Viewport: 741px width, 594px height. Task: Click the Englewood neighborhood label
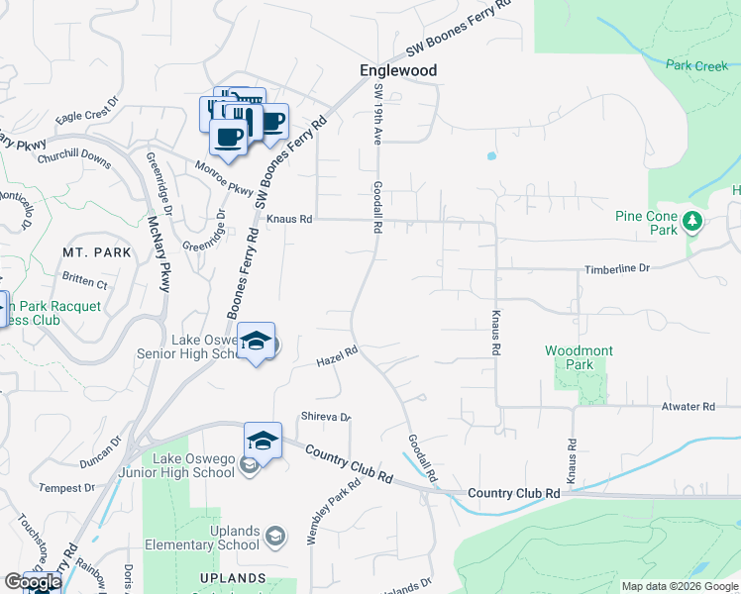pyautogui.click(x=397, y=71)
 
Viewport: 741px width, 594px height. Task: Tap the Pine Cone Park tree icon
pyautogui.click(x=693, y=222)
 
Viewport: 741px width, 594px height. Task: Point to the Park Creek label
pyautogui.click(x=696, y=65)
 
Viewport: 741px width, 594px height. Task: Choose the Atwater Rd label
pyautogui.click(x=688, y=407)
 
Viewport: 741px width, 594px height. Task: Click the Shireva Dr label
pyautogui.click(x=325, y=417)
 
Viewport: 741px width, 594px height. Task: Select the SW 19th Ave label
pyautogui.click(x=377, y=115)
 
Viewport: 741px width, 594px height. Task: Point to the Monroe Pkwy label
pyautogui.click(x=225, y=176)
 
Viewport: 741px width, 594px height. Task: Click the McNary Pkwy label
pyautogui.click(x=159, y=255)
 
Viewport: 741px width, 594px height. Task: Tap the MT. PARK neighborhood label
pyautogui.click(x=96, y=252)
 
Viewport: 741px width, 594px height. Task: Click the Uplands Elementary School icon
pyautogui.click(x=274, y=537)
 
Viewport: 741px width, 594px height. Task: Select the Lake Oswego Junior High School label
pyautogui.click(x=193, y=465)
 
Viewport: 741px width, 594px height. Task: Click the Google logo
pyautogui.click(x=33, y=582)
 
